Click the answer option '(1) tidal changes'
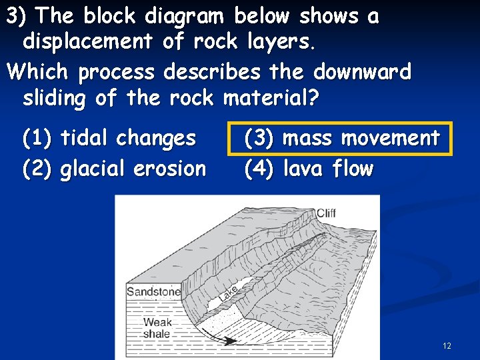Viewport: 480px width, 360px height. click(x=109, y=139)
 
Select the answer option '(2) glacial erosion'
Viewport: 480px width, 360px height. click(x=114, y=169)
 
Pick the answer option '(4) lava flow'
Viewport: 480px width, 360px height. click(x=308, y=169)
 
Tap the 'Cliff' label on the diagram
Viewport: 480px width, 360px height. click(x=325, y=213)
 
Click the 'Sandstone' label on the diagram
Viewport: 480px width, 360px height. click(x=153, y=291)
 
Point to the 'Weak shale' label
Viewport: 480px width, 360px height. click(x=157, y=328)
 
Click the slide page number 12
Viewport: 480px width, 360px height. click(x=447, y=345)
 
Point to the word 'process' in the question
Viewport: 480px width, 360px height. click(x=116, y=71)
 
